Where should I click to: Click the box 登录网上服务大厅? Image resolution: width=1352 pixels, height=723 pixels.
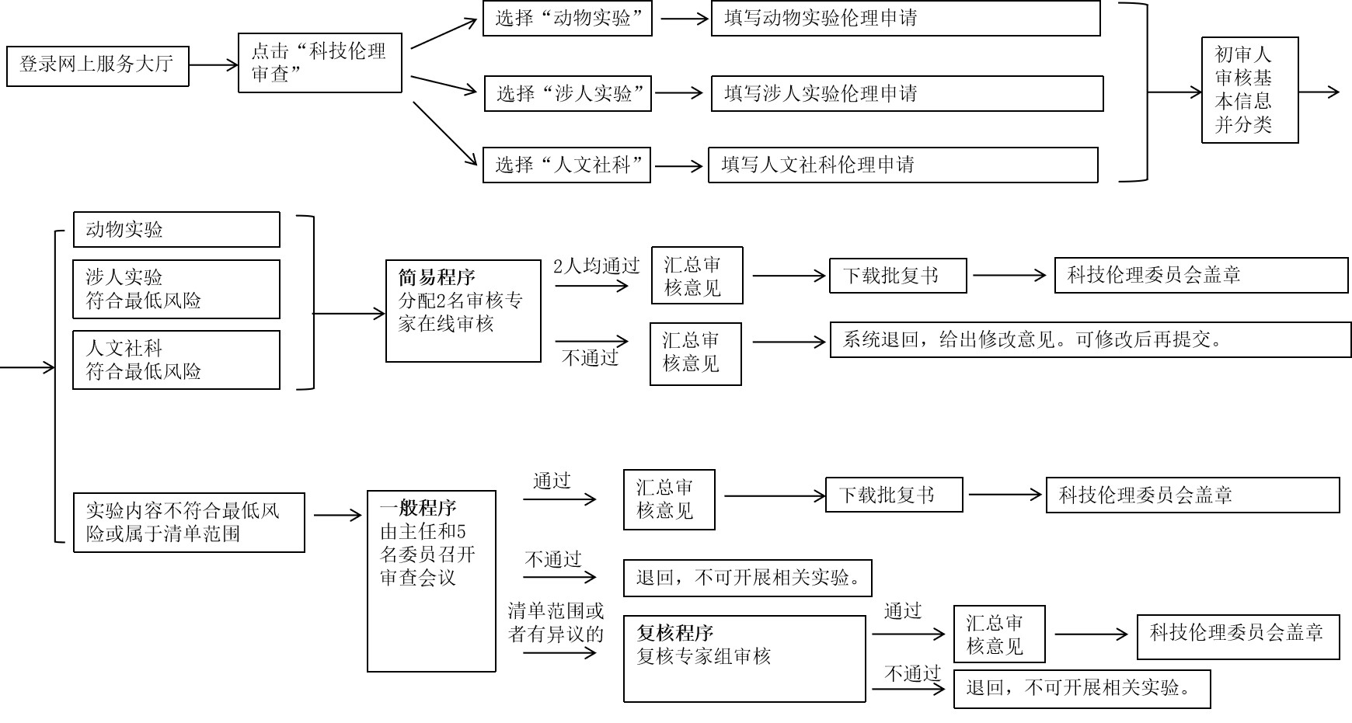(x=97, y=65)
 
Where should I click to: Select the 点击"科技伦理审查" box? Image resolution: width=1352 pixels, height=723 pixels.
(x=319, y=63)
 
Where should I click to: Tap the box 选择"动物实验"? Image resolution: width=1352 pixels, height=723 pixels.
(x=566, y=19)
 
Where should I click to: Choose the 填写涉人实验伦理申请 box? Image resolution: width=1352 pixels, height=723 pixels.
(x=907, y=94)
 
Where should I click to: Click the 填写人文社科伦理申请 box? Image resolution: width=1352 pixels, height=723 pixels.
(x=903, y=165)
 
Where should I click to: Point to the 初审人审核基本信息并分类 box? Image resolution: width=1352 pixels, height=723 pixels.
(x=1249, y=90)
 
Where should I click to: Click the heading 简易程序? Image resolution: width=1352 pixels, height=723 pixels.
(x=437, y=277)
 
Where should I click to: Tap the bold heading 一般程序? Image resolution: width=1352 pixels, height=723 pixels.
(x=418, y=509)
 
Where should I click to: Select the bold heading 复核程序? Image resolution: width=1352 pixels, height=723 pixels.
(x=674, y=633)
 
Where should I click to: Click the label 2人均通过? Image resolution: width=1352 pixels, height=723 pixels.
(x=596, y=266)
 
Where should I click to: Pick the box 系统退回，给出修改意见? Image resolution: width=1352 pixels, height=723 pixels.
(x=1090, y=340)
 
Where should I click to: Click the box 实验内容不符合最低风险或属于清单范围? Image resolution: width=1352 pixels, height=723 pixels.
(x=189, y=523)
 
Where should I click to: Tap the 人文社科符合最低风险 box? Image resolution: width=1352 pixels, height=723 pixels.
(x=176, y=360)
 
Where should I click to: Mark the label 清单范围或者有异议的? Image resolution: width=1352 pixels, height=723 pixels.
(x=556, y=622)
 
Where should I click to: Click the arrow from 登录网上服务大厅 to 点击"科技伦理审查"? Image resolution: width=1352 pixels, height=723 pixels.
(x=214, y=65)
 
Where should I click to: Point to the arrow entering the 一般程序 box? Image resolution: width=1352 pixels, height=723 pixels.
(x=337, y=515)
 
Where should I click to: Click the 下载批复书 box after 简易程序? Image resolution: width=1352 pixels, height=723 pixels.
(x=897, y=276)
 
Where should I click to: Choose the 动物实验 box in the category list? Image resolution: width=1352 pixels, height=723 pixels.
(x=176, y=230)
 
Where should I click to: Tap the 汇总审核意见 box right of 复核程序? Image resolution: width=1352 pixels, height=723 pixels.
(x=998, y=634)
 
